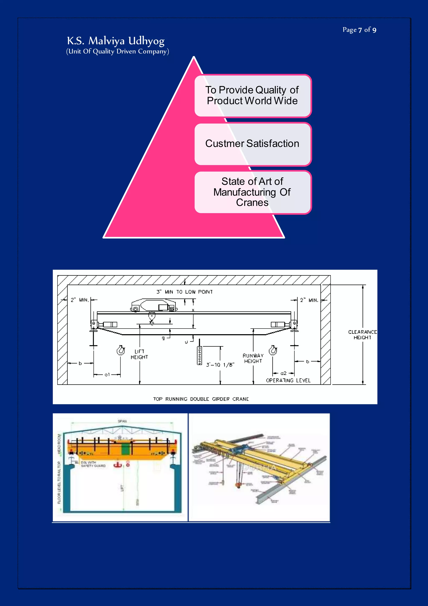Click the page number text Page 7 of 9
click(x=359, y=30)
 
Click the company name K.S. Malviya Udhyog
click(x=116, y=41)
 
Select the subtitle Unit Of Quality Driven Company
click(x=117, y=51)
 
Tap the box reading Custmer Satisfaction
click(x=252, y=144)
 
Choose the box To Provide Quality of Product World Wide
click(x=252, y=96)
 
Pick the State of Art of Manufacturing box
click(x=252, y=192)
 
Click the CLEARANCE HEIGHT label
click(x=362, y=335)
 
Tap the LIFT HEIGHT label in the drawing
click(x=139, y=354)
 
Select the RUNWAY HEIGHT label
click(x=253, y=358)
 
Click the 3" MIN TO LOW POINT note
click(x=185, y=292)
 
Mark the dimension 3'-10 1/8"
click(x=220, y=365)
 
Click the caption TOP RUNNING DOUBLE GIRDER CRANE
click(x=201, y=399)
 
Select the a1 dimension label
click(x=107, y=375)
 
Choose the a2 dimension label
click(x=283, y=373)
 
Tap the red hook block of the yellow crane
click(x=238, y=485)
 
